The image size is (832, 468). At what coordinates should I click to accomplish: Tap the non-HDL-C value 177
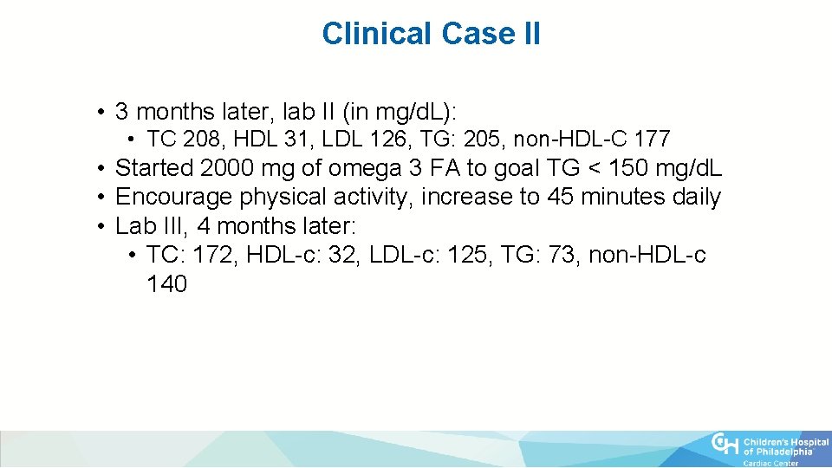[652, 139]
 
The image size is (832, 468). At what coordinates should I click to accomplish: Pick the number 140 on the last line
[166, 284]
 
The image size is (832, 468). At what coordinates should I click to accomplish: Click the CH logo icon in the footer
[725, 445]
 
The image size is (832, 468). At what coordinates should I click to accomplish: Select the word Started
[153, 168]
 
